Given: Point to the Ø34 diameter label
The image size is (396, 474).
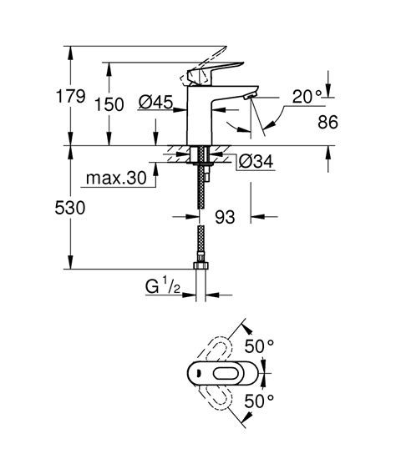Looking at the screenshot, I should click(256, 161).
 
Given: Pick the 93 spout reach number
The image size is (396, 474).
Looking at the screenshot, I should click(225, 217).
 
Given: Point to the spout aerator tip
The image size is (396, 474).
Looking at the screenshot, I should click(248, 99).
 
